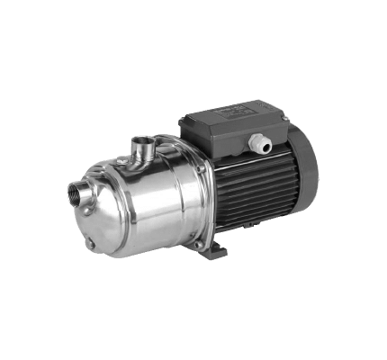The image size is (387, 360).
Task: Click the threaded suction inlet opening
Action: [x=76, y=191]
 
